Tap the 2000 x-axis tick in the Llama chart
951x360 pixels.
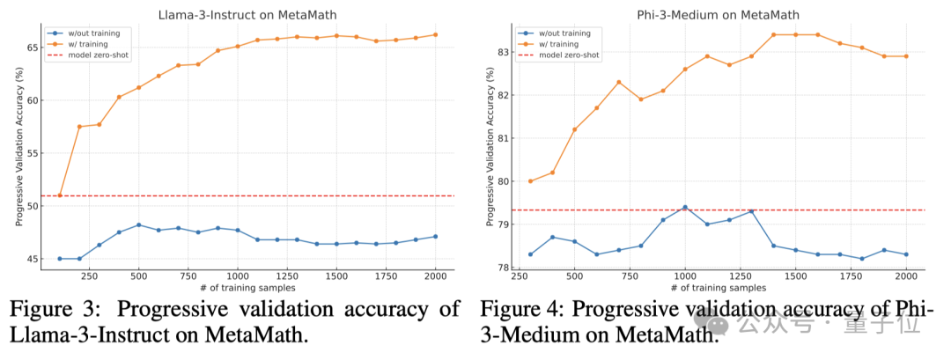point(435,276)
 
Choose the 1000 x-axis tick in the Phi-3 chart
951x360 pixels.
point(685,276)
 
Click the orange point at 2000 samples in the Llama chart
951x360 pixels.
point(435,34)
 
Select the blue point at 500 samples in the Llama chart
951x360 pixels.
point(139,224)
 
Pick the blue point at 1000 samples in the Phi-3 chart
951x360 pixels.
point(685,207)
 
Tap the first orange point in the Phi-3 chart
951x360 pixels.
point(530,181)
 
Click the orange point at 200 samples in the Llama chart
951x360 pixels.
point(79,127)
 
